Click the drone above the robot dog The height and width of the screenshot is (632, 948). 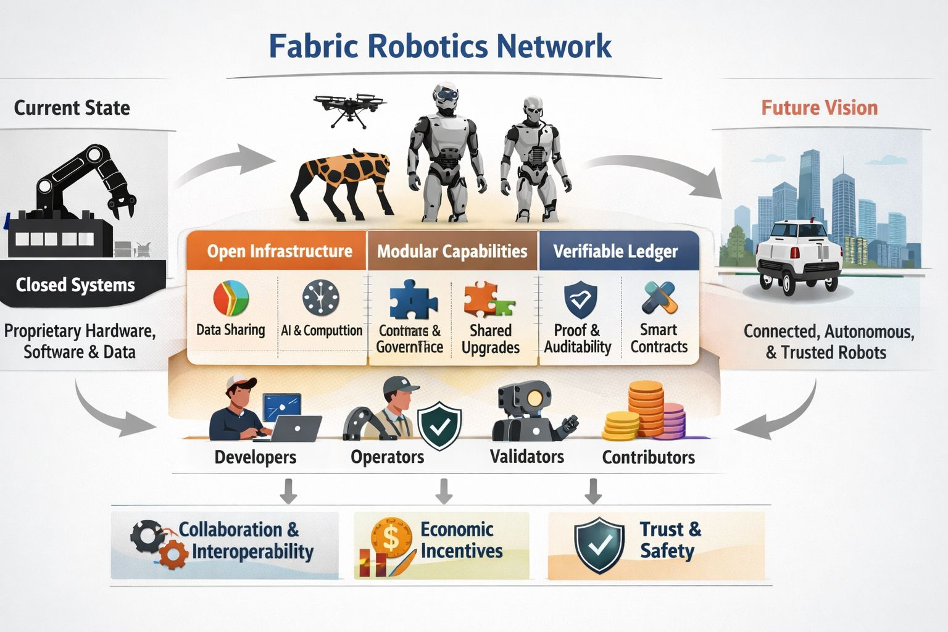click(x=349, y=109)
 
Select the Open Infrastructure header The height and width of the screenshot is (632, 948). click(x=279, y=251)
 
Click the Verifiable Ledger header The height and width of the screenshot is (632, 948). click(x=615, y=251)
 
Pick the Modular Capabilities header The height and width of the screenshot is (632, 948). click(x=452, y=251)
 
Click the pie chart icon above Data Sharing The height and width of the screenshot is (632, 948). click(x=231, y=298)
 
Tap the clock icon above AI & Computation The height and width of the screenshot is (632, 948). click(x=321, y=298)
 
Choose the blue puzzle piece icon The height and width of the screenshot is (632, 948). click(x=412, y=301)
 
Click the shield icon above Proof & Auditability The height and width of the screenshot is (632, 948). click(x=580, y=299)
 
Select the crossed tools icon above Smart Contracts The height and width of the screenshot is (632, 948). click(x=659, y=297)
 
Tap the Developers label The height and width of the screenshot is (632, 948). click(x=255, y=457)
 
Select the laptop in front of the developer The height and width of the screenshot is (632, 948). click(x=296, y=428)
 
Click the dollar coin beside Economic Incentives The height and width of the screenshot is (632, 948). click(x=391, y=538)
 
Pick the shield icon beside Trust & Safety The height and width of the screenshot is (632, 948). click(x=599, y=545)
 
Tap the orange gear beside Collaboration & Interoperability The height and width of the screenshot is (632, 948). click(x=173, y=554)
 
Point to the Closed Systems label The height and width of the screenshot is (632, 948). click(x=75, y=285)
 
